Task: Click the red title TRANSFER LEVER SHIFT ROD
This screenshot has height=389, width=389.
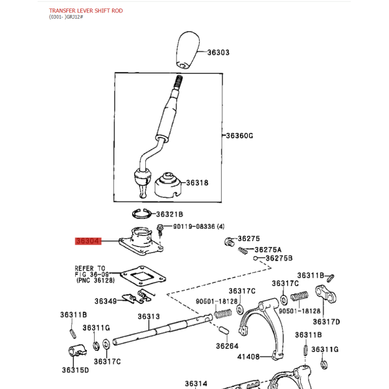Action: [x=86, y=10]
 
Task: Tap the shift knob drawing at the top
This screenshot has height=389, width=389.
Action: [x=188, y=50]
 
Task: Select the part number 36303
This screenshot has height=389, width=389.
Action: [x=218, y=53]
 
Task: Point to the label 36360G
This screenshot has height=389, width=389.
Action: [x=239, y=136]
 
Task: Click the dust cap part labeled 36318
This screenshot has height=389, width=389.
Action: [x=168, y=185]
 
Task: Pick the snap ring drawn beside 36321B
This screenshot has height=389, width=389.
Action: [x=141, y=214]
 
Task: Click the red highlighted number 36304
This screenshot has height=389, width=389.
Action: [x=88, y=241]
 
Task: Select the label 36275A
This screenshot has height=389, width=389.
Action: [x=268, y=250]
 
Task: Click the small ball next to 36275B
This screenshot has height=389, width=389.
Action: [x=255, y=258]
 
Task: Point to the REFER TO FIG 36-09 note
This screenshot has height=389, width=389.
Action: [x=95, y=274]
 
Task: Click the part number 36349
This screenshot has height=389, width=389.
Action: [x=106, y=301]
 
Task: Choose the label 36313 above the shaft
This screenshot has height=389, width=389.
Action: [x=148, y=316]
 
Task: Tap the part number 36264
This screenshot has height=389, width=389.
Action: [x=227, y=346]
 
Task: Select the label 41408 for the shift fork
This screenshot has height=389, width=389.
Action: [x=248, y=357]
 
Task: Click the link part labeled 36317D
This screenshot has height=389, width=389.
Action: [x=325, y=294]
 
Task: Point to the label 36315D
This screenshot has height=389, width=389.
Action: [x=75, y=370]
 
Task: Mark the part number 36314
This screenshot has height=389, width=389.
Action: [x=196, y=384]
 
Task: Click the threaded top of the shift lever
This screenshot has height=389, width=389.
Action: [x=178, y=82]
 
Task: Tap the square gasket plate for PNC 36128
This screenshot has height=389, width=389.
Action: [x=143, y=276]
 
